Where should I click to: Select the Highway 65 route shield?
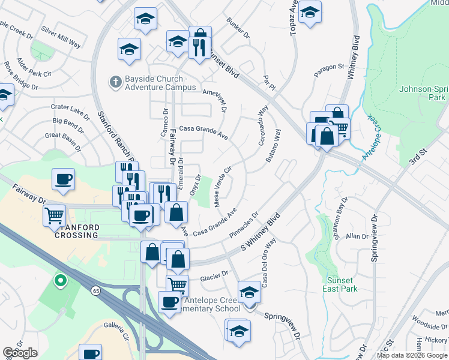tap(96, 290)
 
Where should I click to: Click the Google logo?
tap(20, 353)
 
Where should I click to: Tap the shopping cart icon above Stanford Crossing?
tap(55, 214)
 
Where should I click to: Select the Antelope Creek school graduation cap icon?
tap(250, 293)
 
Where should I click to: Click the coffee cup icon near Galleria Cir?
tap(91, 354)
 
